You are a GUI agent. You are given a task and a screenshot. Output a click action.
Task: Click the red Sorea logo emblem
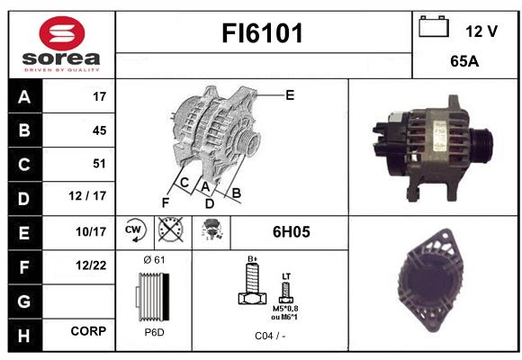point(62,33)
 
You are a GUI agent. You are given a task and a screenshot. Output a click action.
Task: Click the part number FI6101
point(262,33)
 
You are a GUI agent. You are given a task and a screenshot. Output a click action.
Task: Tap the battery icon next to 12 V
point(434,26)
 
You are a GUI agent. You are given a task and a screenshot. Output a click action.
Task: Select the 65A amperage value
point(464,61)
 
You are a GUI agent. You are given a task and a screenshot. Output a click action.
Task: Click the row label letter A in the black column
point(24,97)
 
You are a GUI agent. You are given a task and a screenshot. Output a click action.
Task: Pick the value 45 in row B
point(100,130)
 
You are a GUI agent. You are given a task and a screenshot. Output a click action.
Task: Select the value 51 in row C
point(99,164)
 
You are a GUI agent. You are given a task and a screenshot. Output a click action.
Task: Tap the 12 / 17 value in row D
point(87,196)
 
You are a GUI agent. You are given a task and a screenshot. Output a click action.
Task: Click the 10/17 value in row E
point(91,231)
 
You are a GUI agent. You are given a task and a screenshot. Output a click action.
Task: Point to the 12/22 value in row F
point(91,265)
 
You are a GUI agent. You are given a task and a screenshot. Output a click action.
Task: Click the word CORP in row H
point(88,331)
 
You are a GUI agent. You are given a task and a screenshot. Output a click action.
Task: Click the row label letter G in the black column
point(24,301)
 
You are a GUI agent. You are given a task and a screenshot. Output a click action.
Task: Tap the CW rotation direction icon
point(134,230)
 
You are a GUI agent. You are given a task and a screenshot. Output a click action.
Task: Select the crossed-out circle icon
point(170,229)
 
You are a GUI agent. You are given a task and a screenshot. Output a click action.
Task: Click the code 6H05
point(292,232)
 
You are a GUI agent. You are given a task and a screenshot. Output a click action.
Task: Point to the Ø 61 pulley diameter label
point(154,259)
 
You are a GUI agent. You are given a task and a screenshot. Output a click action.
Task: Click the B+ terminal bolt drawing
point(252,283)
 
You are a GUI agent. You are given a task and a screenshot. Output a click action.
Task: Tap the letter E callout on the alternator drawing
point(290,95)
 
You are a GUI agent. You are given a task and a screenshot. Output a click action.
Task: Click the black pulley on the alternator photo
point(481,146)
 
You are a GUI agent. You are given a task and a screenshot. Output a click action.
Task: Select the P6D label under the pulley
point(154,332)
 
